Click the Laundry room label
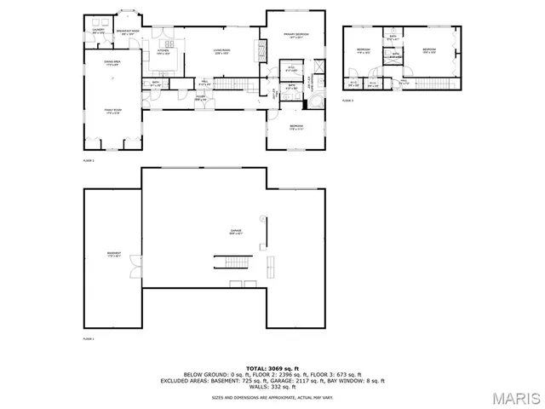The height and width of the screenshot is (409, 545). (99, 33)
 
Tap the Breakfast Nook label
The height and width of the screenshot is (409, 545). (129, 33)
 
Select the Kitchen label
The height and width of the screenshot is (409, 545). (163, 52)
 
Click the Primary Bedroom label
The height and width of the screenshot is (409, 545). (295, 36)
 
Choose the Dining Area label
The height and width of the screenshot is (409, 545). (112, 64)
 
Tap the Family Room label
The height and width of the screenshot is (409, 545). (112, 112)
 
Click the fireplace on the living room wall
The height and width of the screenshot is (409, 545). (258, 49)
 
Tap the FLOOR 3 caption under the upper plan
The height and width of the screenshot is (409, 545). (347, 101)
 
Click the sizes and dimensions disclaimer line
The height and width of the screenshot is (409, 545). (272, 397)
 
